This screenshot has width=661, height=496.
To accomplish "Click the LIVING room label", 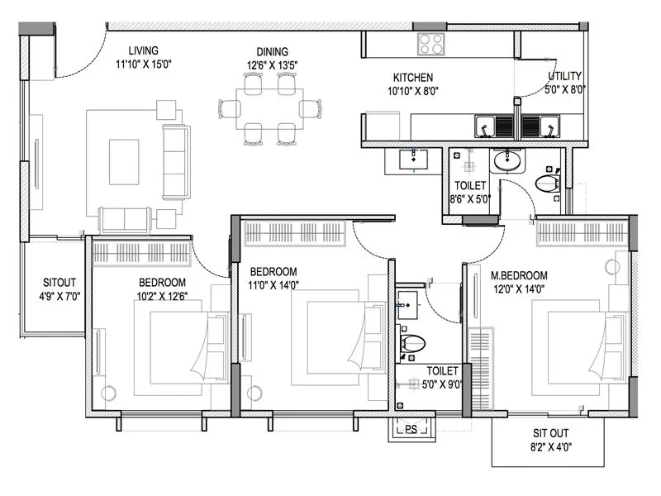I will [x=137, y=50].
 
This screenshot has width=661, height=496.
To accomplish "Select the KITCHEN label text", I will [x=407, y=78].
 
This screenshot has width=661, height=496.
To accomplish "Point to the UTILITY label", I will [x=565, y=78].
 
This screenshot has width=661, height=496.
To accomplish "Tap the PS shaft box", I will [x=411, y=428].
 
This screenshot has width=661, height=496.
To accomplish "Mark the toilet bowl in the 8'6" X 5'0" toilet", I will [x=547, y=183].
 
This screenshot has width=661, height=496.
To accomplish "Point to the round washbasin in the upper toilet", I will [x=506, y=160].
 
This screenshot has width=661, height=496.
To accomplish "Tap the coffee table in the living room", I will [x=125, y=162].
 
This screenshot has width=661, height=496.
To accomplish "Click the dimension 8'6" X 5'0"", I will [x=469, y=199].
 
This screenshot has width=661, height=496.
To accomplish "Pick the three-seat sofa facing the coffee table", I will [x=175, y=162].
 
